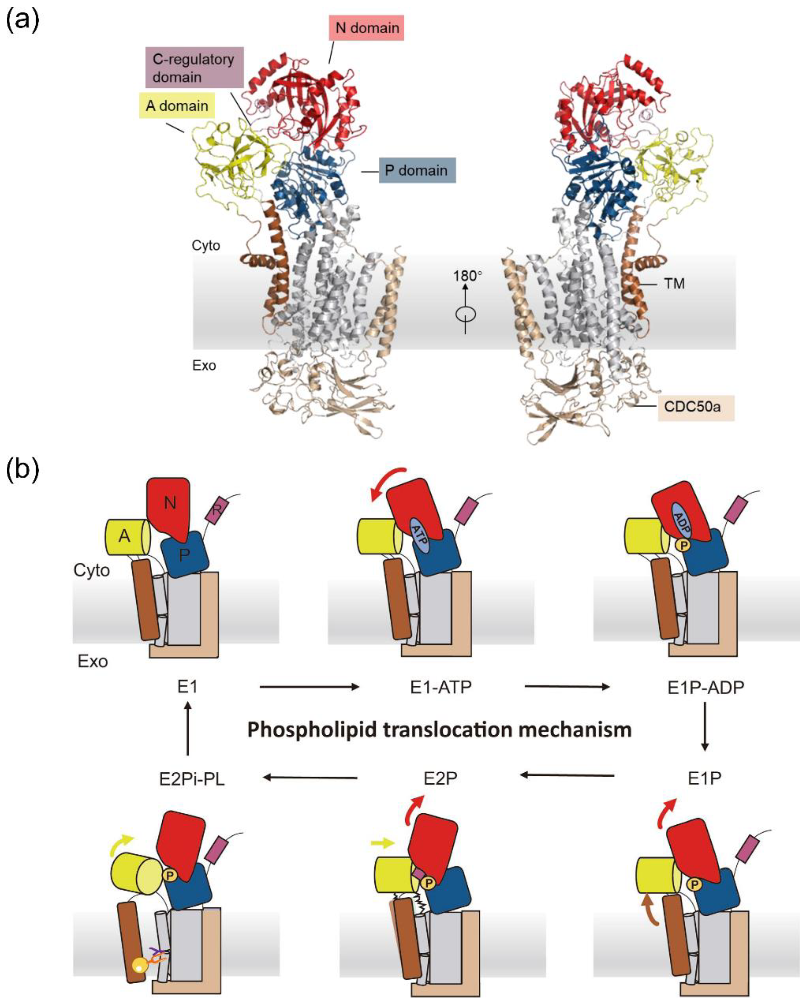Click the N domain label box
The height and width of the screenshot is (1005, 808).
point(367,28)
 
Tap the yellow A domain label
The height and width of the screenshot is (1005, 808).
point(177,106)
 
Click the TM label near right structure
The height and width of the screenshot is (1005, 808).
point(674,283)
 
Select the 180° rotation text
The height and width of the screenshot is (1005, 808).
point(468,276)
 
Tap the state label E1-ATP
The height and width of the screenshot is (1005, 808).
point(441,687)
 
